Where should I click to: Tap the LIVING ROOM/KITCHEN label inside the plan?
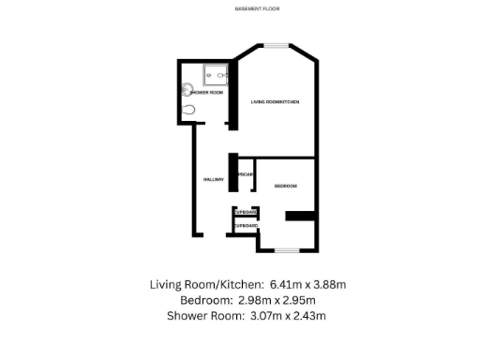pos(275,101)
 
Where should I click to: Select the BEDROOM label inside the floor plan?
pos(286,187)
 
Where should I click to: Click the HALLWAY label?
pos(211,178)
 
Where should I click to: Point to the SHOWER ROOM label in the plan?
pos(207,92)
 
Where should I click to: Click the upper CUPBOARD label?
pos(246,214)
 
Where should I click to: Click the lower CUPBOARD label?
pos(246,226)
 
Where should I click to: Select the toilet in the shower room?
pos(190,110)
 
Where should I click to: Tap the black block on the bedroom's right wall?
pos(301,217)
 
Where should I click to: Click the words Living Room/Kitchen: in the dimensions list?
pos(206,283)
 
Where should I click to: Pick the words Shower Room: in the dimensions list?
pos(200,315)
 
